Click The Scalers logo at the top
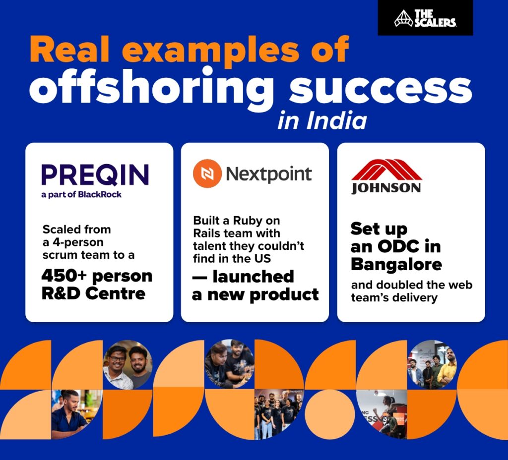(x=425, y=18)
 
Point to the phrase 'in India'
(x=322, y=121)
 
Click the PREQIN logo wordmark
(x=95, y=174)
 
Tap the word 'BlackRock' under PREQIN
(x=100, y=194)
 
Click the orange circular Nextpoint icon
(x=206, y=174)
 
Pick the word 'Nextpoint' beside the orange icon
(x=268, y=174)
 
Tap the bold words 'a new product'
(x=255, y=294)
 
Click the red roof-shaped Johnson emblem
(x=386, y=170)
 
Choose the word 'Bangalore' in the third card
(x=396, y=264)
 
